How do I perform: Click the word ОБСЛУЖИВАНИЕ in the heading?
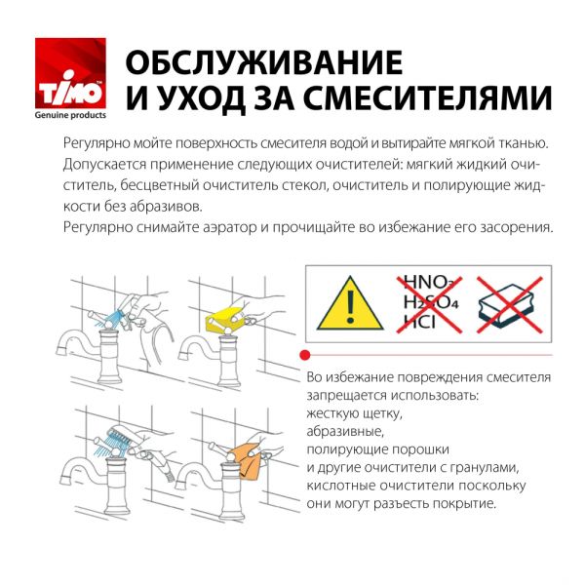point(264,63)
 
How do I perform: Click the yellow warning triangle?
point(350,301)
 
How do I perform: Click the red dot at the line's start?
point(305,355)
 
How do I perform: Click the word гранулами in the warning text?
point(494,467)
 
